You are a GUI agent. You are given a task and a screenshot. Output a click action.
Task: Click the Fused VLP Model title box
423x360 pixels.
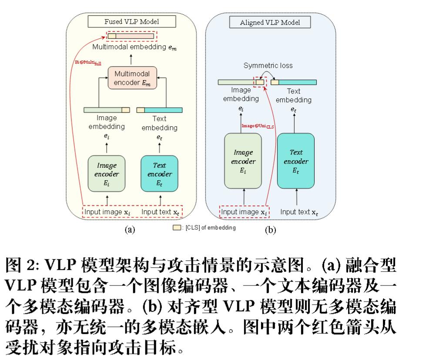coord(132,21)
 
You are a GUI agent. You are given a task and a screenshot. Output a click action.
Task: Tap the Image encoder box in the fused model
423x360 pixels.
coord(107,173)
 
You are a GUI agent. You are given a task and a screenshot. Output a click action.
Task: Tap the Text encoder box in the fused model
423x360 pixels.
coord(159,173)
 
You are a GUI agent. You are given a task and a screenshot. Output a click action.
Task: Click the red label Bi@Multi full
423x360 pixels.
coord(87,63)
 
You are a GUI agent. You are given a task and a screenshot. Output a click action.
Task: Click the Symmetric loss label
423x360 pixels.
coord(268,66)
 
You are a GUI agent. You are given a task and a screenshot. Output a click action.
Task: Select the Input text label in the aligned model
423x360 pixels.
coord(299,212)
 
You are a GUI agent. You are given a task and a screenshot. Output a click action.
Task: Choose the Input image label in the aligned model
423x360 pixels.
coord(244,212)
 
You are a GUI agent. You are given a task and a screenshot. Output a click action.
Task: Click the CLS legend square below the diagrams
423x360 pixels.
coord(177,228)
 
